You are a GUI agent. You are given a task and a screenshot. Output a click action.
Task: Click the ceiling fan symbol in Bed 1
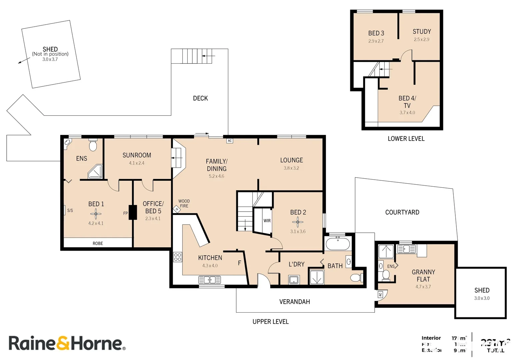tap(96, 214)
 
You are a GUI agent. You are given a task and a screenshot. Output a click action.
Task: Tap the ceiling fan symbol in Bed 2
tap(298, 222)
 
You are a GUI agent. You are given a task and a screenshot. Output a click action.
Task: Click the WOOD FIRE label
tap(184, 203)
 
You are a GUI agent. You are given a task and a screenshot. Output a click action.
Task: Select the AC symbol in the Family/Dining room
tap(230, 141)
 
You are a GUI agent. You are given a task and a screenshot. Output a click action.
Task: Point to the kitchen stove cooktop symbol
tap(178, 257)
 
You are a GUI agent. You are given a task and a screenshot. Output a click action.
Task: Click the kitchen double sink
tap(210, 280)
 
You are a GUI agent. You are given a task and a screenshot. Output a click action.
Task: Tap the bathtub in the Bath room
tap(338, 244)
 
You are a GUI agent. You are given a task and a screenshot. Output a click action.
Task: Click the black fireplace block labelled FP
tap(133, 212)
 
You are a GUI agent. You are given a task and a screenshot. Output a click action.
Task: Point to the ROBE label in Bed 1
tap(98, 243)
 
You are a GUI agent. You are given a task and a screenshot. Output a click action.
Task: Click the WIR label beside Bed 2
tap(267, 221)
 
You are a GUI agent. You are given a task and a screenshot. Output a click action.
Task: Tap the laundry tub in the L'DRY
tap(294, 279)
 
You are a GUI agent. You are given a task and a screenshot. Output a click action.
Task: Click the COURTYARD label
tap(402, 212)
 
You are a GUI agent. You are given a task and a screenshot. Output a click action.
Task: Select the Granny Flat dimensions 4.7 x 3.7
tap(423, 287)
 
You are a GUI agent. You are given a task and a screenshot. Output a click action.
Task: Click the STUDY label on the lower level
tap(422, 32)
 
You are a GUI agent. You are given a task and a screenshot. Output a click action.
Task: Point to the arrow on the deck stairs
tap(208, 56)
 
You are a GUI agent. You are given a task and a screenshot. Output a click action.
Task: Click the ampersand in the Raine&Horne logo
tap(63, 343)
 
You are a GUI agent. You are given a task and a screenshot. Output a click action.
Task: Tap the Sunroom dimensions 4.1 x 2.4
tap(137, 163)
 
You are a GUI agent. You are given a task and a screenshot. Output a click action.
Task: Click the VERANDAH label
tap(294, 302)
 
